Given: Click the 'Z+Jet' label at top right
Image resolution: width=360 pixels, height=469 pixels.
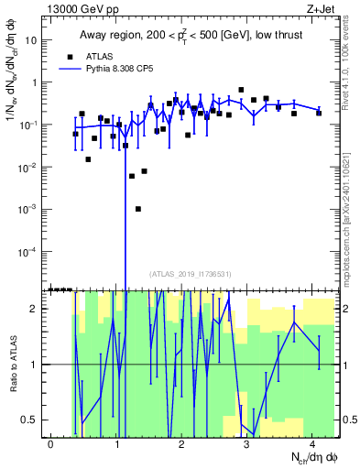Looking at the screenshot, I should (x=321, y=8).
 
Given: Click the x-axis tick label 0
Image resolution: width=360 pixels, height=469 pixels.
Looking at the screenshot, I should (x=51, y=443).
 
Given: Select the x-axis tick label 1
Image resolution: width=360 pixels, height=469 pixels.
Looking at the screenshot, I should (x=116, y=443).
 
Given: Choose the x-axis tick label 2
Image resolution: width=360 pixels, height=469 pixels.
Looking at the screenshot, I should (x=181, y=443).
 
